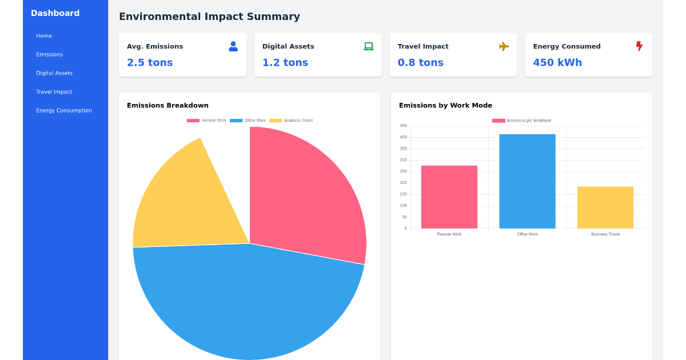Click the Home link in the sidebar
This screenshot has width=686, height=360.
[44, 36]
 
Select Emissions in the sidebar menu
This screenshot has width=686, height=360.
[49, 55]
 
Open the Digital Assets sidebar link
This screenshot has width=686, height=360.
[54, 73]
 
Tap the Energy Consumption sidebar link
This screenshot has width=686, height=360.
[63, 111]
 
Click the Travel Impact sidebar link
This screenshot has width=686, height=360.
[54, 92]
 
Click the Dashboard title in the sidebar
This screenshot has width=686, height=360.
[55, 13]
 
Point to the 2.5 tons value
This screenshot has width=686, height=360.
[150, 63]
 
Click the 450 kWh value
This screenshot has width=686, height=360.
[557, 63]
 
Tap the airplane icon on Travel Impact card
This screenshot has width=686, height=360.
[504, 46]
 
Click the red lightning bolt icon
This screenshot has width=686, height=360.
[639, 46]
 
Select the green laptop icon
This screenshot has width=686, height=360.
[369, 46]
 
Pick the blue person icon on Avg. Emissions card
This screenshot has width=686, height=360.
[233, 46]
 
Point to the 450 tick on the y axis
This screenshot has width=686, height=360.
[404, 126]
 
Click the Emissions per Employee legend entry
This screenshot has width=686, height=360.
[522, 121]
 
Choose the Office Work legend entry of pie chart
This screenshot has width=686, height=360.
[248, 121]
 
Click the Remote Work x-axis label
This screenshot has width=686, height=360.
[449, 234]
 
